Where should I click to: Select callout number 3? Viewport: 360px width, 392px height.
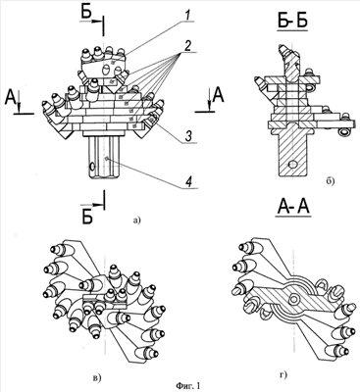tap(188, 136)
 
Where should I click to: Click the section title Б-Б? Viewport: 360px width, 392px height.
tap(292, 22)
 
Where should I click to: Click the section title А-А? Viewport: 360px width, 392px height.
tap(293, 207)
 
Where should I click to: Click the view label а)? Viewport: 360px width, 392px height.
tap(136, 220)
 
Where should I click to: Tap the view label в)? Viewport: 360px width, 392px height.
tap(97, 378)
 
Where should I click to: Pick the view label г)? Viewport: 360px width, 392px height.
tap(283, 375)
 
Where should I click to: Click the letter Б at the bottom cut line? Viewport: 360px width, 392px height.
tap(87, 216)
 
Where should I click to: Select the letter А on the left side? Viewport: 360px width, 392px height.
tap(11, 97)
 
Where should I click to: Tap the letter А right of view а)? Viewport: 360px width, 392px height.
tap(218, 96)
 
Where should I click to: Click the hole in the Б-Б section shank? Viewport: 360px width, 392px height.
tap(293, 164)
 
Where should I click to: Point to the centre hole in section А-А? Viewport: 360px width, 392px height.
tap(294, 299)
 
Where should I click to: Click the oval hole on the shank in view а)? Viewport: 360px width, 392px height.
tap(92, 168)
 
